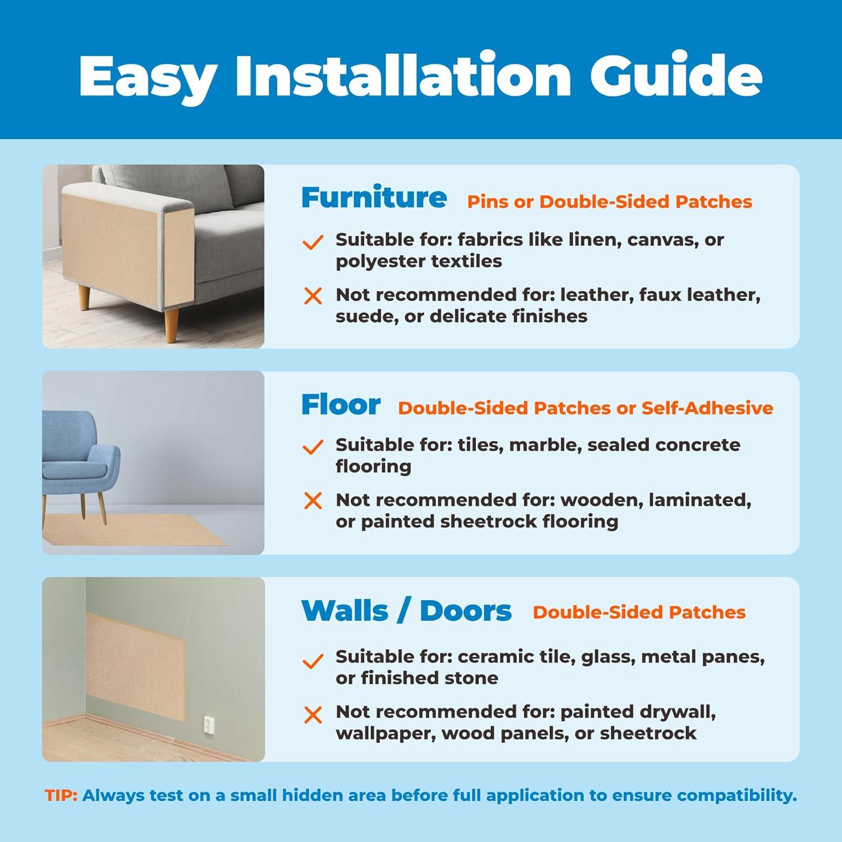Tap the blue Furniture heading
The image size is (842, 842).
coord(374,198)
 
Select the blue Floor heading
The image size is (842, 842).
coord(341,404)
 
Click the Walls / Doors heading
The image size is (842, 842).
coord(406,611)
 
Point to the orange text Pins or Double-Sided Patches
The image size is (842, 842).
coord(610,202)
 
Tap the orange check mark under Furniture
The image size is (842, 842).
coord(313,242)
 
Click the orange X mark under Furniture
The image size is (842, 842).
coord(313,296)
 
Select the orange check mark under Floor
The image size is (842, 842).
coord(313,447)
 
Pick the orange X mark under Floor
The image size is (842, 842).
coord(313,501)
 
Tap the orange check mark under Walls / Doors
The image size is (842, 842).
coord(313,661)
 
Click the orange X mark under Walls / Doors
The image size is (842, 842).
coord(313,715)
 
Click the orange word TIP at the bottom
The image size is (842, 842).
coord(61,795)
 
